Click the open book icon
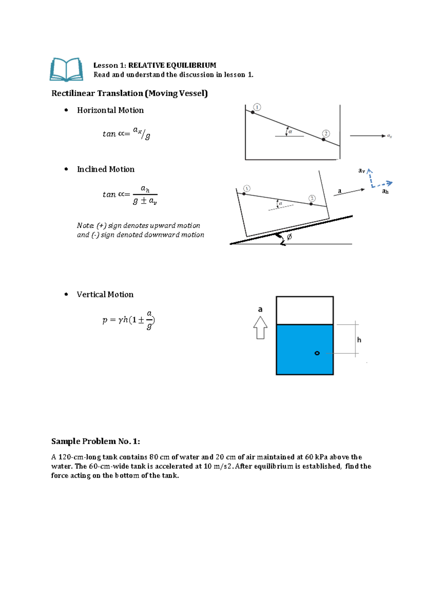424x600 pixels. pyautogui.click(x=66, y=69)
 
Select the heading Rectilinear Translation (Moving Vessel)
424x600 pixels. pyautogui.click(x=129, y=93)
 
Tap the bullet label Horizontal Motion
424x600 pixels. pyautogui.click(x=110, y=110)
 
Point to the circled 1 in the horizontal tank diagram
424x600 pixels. pyautogui.click(x=257, y=107)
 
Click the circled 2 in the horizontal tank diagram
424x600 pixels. pyautogui.click(x=326, y=134)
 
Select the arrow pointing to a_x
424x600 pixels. pyautogui.click(x=367, y=136)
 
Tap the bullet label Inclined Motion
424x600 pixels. pyautogui.click(x=106, y=169)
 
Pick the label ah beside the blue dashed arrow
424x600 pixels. pyautogui.click(x=385, y=192)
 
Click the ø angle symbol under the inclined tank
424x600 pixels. pyautogui.click(x=289, y=237)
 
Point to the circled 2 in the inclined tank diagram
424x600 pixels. pyautogui.click(x=312, y=198)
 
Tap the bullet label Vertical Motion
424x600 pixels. pyautogui.click(x=105, y=294)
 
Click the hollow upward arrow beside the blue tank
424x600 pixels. pyautogui.click(x=260, y=328)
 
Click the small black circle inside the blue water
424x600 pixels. pyautogui.click(x=317, y=353)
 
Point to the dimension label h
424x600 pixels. pyautogui.click(x=359, y=340)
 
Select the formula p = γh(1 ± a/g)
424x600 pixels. pyautogui.click(x=129, y=320)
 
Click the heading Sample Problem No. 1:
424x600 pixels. pyautogui.click(x=95, y=441)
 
